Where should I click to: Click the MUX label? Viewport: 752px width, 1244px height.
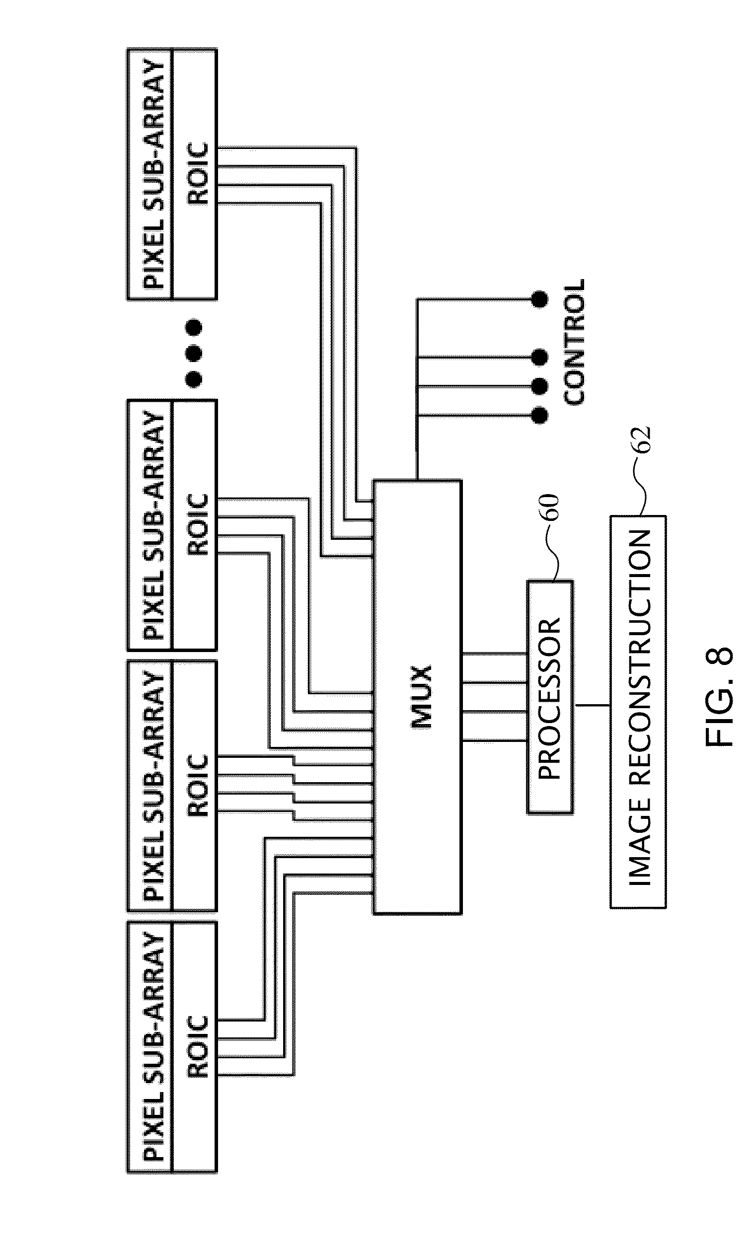(422, 697)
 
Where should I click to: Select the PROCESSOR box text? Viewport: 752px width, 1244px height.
(550, 698)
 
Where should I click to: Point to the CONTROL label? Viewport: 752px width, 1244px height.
(574, 342)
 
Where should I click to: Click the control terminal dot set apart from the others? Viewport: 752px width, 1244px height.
(540, 299)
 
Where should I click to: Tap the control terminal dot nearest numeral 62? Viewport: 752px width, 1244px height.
(540, 416)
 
